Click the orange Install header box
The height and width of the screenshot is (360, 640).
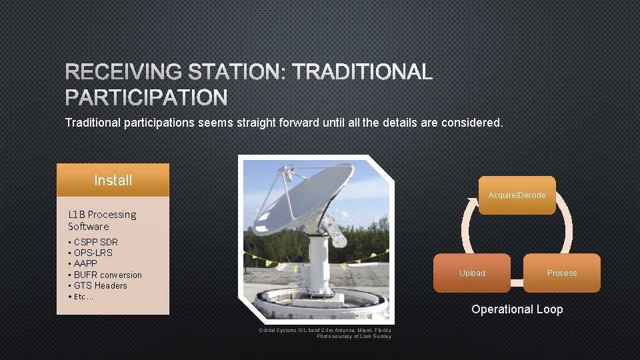point(113,180)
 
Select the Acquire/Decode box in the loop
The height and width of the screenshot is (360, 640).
point(517,195)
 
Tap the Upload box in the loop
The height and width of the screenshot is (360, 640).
point(472,273)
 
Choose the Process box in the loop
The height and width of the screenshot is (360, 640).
point(561,273)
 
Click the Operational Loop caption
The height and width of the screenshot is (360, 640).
point(517,309)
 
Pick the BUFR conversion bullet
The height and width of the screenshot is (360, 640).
point(107,275)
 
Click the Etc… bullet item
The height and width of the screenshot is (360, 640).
point(83,297)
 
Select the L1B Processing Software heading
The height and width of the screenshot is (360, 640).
point(101,220)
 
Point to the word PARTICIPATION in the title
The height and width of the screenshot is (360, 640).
point(146,98)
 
